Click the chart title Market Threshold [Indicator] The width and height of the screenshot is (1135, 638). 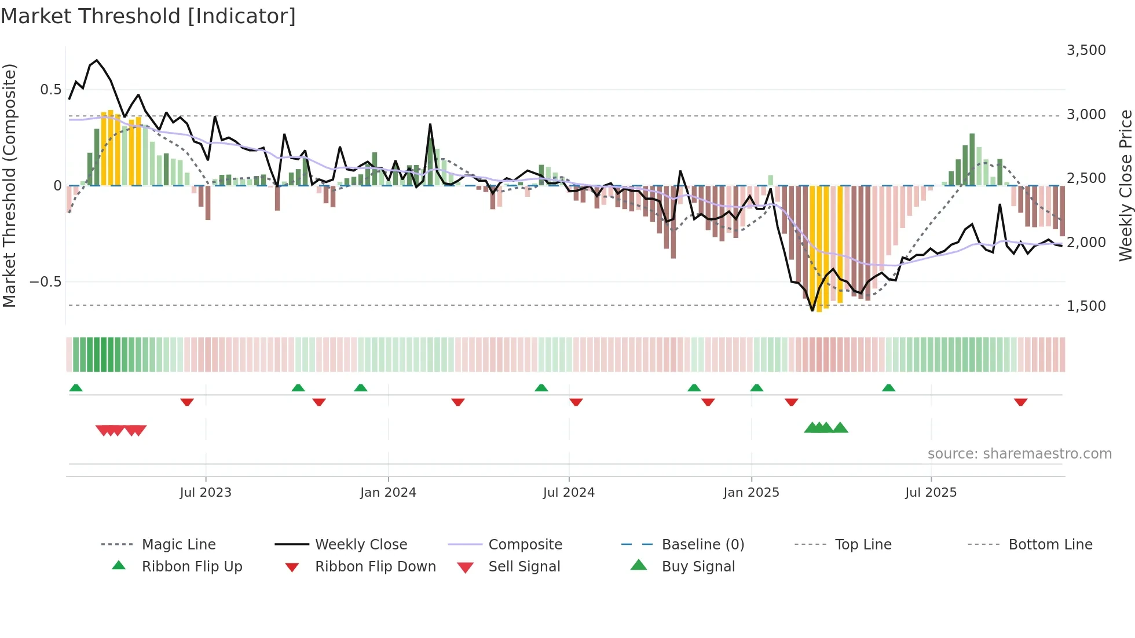148,16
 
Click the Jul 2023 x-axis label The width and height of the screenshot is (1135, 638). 205,493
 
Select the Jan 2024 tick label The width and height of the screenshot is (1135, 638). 387,493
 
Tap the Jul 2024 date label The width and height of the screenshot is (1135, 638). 568,493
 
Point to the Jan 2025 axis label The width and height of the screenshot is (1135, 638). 750,493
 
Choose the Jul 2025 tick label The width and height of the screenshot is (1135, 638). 931,493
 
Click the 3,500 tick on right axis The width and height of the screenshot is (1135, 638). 1086,50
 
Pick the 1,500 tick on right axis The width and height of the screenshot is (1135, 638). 1086,306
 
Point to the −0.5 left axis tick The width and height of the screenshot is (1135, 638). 45,282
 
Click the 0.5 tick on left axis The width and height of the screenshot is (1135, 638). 50,90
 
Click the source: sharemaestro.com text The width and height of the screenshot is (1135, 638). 1019,454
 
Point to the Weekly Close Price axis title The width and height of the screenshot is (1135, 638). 1125,185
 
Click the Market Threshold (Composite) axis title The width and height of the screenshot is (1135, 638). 10,185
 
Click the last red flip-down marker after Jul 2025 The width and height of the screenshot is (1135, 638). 1020,402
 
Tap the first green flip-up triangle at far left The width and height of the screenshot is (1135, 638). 76,388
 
